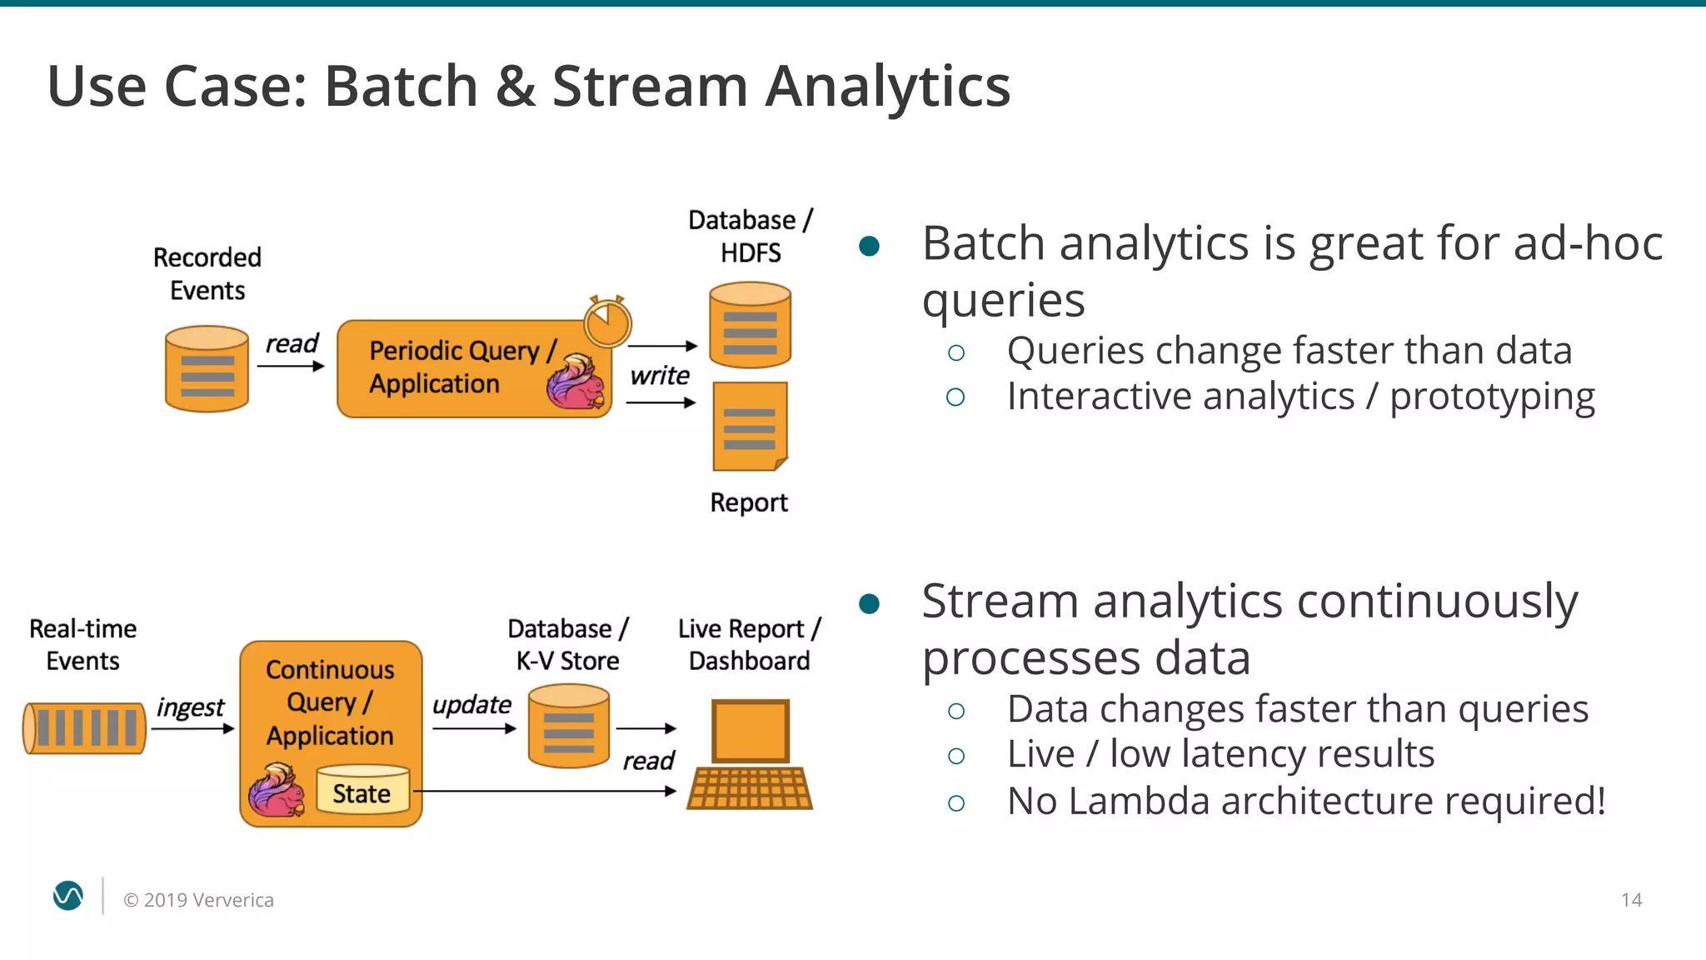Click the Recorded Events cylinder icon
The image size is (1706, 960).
point(207,368)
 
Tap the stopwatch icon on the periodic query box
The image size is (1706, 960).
point(607,321)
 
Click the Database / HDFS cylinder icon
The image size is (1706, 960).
point(750,325)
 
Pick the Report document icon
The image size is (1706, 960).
point(750,426)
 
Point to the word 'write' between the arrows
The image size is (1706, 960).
point(659,376)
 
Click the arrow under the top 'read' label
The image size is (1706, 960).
point(290,366)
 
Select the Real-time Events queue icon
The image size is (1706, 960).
point(84,727)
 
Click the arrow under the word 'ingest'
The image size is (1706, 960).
point(192,728)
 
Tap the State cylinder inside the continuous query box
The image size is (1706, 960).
point(362,790)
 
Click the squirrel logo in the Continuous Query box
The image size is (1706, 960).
point(276,791)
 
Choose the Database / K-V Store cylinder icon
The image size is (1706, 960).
point(569,725)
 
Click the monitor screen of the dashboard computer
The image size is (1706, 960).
point(750,731)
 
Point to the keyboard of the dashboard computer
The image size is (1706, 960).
point(750,788)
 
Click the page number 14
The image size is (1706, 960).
point(1631,900)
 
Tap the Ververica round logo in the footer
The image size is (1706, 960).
point(68,896)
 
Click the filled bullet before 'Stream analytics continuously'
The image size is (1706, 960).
point(869,603)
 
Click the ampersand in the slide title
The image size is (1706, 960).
point(516,87)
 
